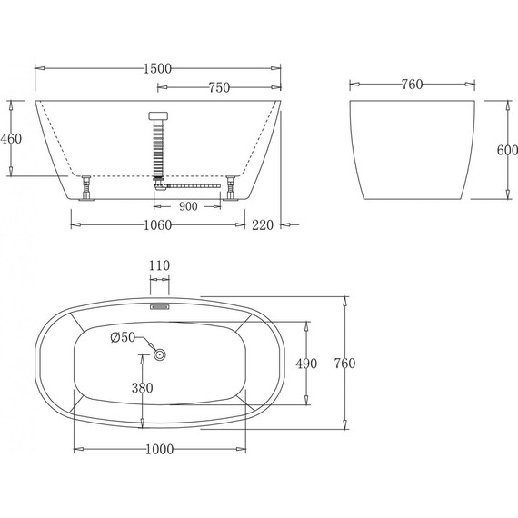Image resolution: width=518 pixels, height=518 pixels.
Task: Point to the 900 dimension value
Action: point(188,206)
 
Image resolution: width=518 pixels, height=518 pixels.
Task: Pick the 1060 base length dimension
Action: point(158,228)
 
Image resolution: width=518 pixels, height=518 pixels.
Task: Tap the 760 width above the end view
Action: point(411,85)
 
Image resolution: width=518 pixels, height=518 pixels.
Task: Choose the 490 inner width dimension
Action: point(305,364)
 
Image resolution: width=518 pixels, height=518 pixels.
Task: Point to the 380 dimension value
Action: point(142,388)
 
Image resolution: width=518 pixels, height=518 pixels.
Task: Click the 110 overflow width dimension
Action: point(160,265)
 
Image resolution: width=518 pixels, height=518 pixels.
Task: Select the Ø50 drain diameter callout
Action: point(122,338)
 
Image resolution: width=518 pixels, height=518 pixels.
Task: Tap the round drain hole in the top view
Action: point(160,354)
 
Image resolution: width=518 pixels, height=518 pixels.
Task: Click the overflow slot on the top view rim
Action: point(160,306)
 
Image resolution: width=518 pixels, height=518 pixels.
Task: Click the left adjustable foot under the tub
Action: point(86,190)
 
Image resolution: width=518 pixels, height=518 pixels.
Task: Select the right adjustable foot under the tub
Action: point(234,190)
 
